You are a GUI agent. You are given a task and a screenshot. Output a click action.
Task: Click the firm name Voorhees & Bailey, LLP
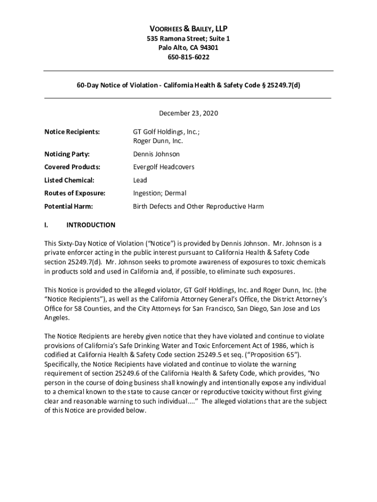(x=188, y=29)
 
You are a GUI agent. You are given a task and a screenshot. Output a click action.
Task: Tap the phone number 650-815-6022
(x=188, y=57)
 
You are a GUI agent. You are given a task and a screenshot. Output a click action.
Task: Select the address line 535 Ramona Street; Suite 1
(x=188, y=39)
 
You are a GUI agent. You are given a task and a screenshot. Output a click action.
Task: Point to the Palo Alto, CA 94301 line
(x=188, y=48)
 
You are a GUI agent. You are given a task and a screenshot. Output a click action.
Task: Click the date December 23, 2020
(x=188, y=113)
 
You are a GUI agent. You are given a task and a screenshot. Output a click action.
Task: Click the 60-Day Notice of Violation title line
(x=188, y=84)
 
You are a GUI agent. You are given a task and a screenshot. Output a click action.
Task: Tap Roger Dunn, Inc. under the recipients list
(x=158, y=141)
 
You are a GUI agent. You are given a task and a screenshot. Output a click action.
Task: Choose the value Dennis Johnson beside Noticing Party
(x=156, y=154)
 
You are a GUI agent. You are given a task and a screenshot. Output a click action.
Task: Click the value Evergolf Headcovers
(x=164, y=167)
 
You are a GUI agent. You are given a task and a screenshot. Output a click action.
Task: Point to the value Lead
(x=140, y=180)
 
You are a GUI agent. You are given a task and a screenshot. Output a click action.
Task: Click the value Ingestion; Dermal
(x=160, y=193)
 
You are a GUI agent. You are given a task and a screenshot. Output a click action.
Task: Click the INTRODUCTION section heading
(x=91, y=225)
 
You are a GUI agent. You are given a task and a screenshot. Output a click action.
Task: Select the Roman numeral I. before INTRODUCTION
(x=46, y=225)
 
